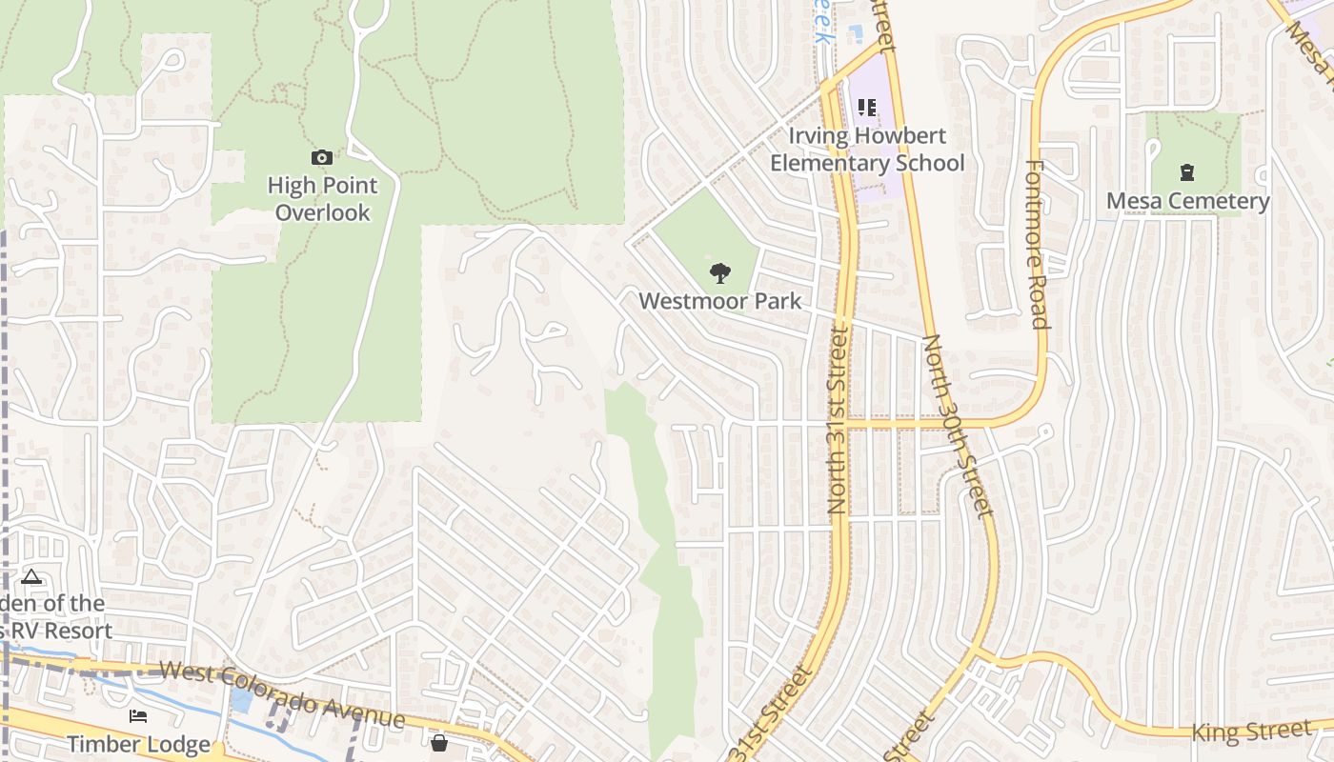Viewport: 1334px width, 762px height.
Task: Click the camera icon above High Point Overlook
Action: pyautogui.click(x=322, y=157)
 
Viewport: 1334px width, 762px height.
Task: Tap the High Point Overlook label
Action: pyautogui.click(x=322, y=198)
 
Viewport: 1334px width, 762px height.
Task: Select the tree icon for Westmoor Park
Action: pyautogui.click(x=720, y=273)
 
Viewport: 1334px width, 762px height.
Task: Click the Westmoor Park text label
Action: pyautogui.click(x=719, y=301)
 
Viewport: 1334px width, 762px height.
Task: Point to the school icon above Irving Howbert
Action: pyautogui.click(x=866, y=108)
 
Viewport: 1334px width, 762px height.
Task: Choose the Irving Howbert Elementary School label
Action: pyautogui.click(x=867, y=150)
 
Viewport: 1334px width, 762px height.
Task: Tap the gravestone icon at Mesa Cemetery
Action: pyautogui.click(x=1187, y=172)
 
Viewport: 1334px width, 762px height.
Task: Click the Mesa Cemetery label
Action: pyautogui.click(x=1187, y=201)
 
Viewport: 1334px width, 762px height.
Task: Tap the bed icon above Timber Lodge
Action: pyautogui.click(x=138, y=715)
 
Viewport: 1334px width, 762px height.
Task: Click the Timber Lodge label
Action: pyautogui.click(x=138, y=744)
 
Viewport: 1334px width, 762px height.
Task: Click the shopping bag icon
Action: pyautogui.click(x=439, y=742)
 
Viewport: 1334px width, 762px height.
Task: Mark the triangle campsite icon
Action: pyautogui.click(x=31, y=576)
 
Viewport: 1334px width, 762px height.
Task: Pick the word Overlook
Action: pyautogui.click(x=322, y=211)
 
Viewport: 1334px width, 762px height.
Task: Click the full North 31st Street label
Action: pyautogui.click(x=838, y=419)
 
